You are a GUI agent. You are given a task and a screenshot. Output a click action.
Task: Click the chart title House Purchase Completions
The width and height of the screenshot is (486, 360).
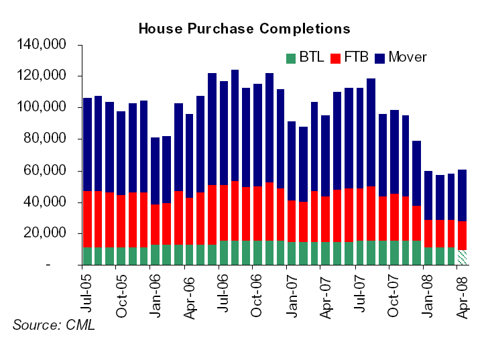click(244, 29)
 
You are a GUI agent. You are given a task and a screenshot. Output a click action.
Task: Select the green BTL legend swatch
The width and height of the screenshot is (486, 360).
click(290, 58)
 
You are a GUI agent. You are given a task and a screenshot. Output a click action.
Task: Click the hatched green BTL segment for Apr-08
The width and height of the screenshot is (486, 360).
click(463, 257)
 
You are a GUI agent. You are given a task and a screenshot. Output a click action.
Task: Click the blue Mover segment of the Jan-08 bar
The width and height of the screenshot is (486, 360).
click(428, 196)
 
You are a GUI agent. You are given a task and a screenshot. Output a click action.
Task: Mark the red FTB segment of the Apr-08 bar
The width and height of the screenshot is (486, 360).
click(463, 235)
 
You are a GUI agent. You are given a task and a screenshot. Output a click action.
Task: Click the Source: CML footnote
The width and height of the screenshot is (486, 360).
click(54, 325)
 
